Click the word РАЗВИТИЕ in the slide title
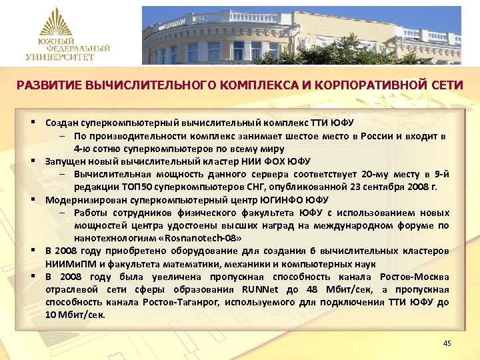[x=47, y=85]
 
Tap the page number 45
[x=447, y=343]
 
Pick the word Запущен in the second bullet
[x=65, y=161]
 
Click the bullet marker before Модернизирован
[x=32, y=199]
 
